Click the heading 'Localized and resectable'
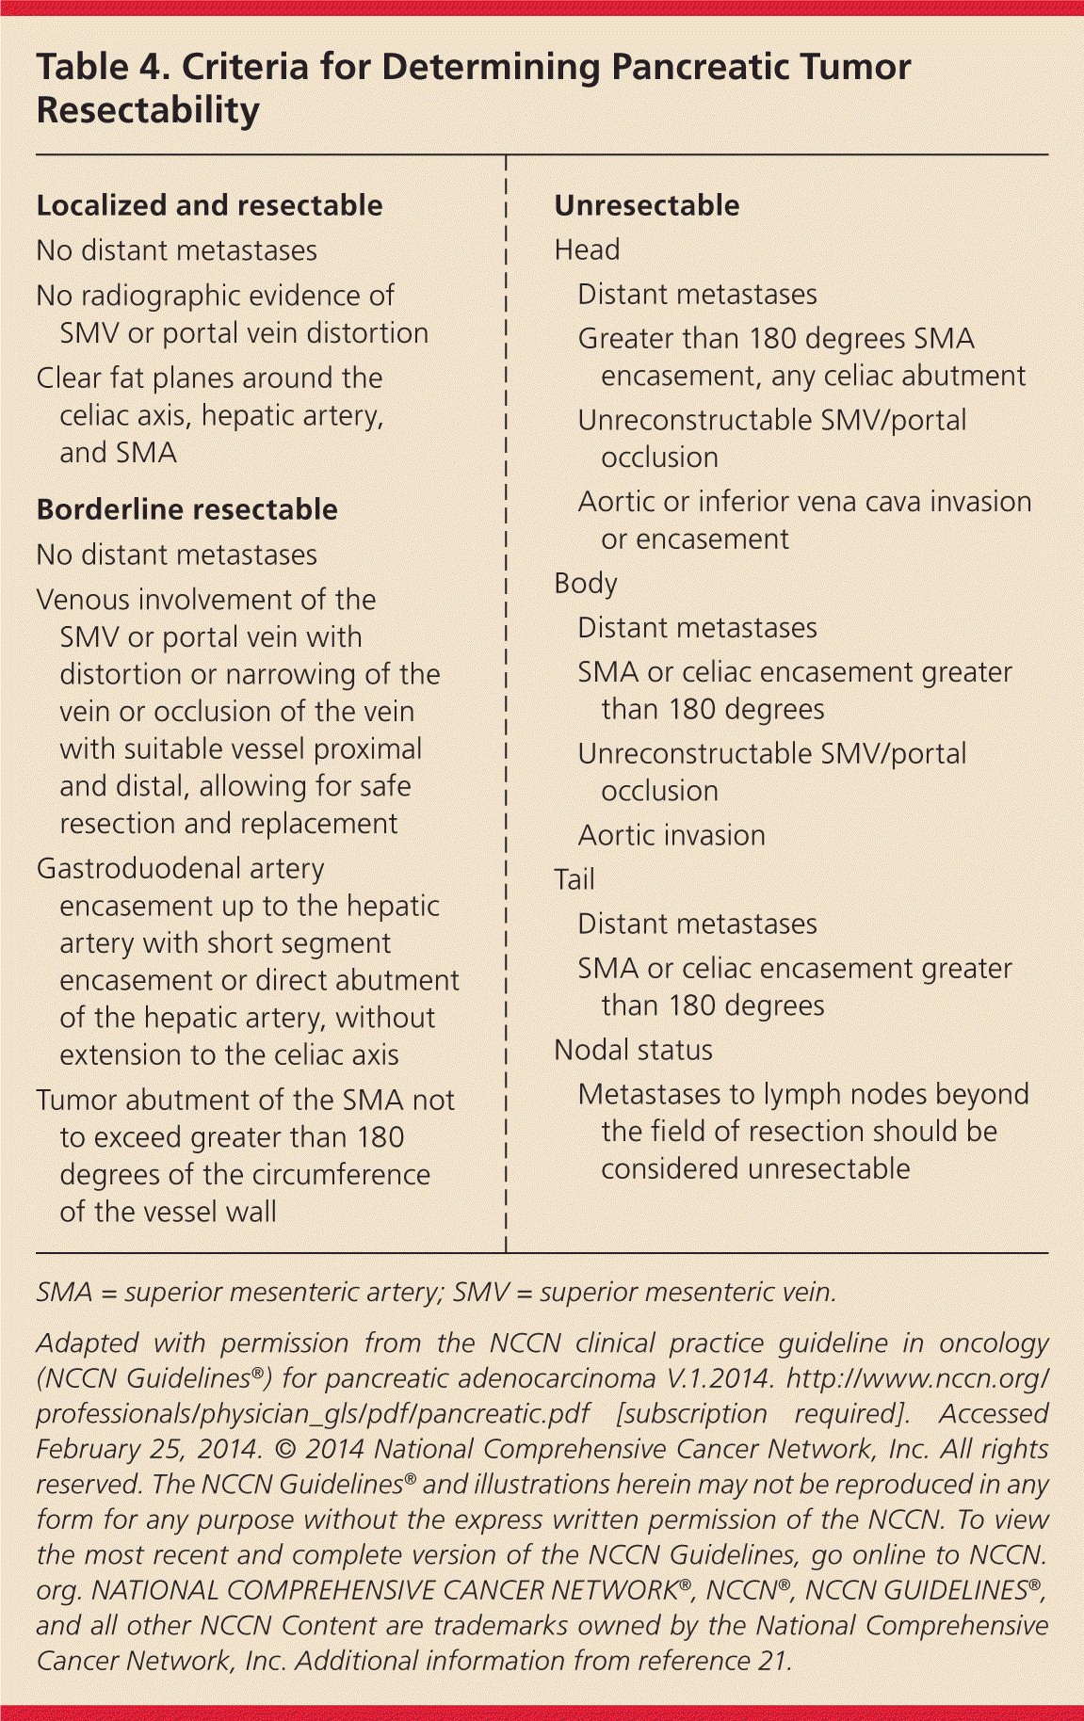pos(209,205)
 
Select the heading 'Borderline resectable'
pos(186,509)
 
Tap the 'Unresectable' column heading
pos(647,205)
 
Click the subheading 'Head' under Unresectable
pos(587,249)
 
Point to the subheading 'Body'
pos(585,584)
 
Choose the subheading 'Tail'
pos(574,879)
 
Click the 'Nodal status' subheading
pos(633,1050)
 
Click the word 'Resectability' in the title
pos(148,111)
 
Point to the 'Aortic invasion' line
pos(671,835)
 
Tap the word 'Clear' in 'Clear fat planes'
pos(72,378)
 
